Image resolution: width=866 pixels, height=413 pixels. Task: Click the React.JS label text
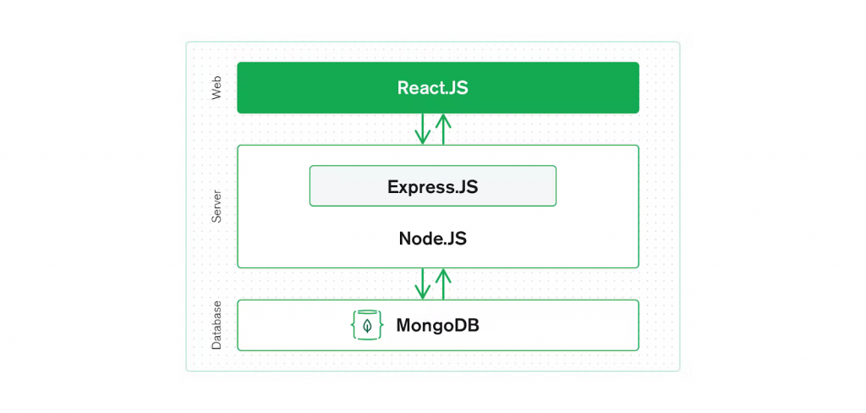coord(432,88)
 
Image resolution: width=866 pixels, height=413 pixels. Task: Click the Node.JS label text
coord(432,240)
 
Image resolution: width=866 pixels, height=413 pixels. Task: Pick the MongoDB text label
coord(437,325)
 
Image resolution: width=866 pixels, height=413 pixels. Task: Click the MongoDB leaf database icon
coord(367,325)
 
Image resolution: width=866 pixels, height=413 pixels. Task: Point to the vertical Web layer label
coord(216,88)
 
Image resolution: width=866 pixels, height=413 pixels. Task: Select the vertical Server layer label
coord(216,206)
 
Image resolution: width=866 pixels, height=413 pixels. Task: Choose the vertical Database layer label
coord(216,325)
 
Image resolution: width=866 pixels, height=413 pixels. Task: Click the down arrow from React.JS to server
coord(422,129)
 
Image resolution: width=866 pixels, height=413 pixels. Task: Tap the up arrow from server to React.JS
coord(442,129)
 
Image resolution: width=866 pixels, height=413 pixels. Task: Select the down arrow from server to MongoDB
coord(422,284)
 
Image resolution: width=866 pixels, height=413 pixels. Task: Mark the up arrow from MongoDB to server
coord(442,284)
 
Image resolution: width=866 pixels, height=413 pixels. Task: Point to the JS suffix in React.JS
coord(458,88)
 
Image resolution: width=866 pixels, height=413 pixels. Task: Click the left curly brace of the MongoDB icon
coord(355,325)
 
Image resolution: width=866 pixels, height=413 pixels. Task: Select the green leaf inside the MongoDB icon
coord(367,325)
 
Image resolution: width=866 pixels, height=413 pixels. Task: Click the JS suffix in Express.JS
coord(469,186)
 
